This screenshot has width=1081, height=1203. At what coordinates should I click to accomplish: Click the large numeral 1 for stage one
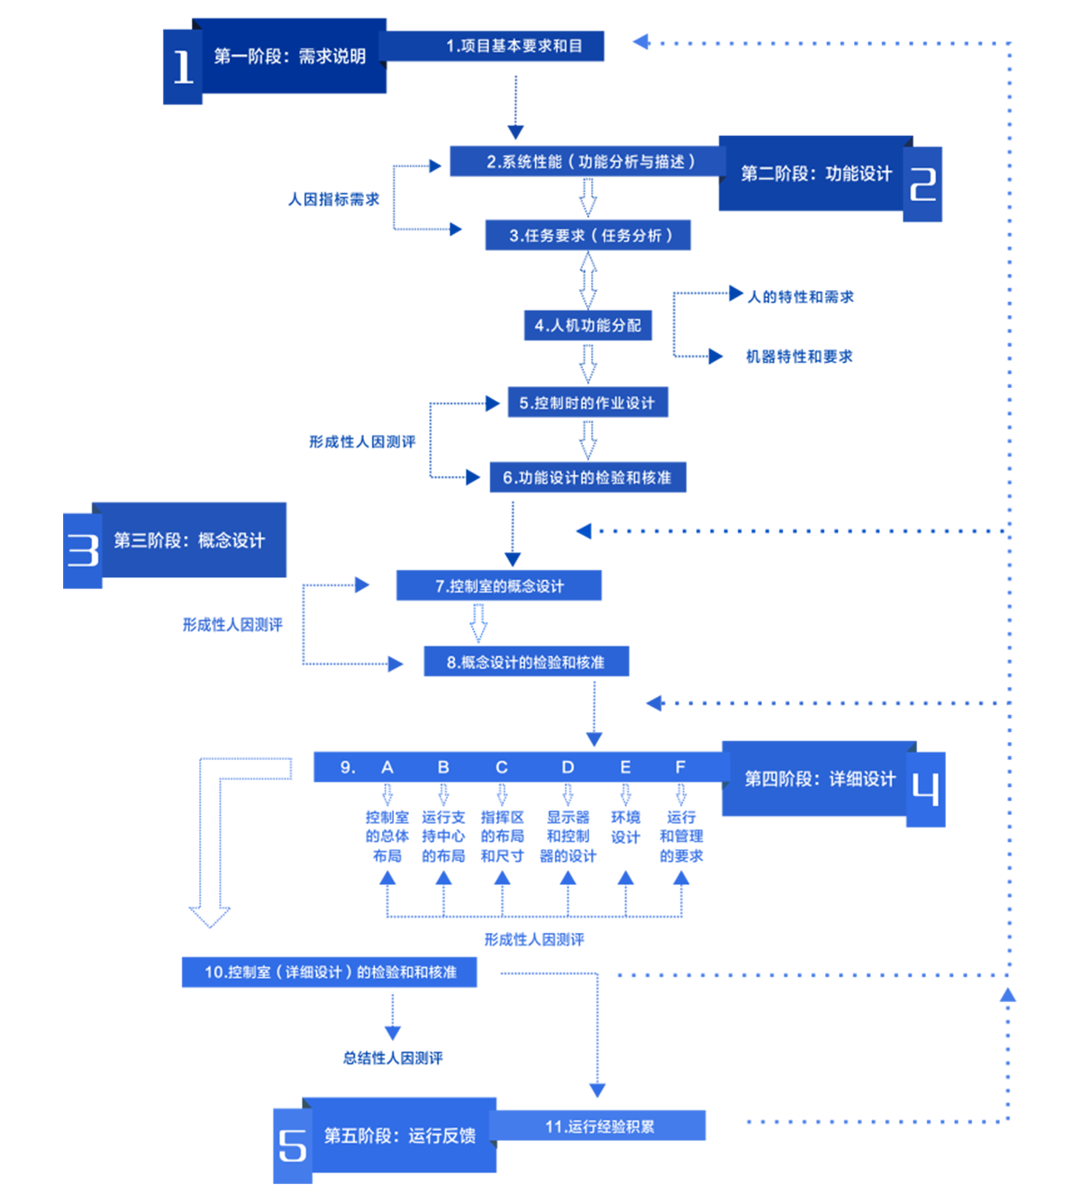click(x=183, y=67)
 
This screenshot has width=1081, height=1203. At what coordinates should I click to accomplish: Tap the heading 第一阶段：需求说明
click(x=289, y=57)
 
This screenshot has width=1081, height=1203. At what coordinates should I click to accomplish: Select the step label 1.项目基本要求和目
click(x=513, y=46)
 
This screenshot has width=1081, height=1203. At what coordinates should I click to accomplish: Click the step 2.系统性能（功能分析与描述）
click(x=591, y=162)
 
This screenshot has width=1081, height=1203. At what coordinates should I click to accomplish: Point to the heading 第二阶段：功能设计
click(x=816, y=174)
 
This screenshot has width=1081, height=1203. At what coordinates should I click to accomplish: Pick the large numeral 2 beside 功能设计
click(x=923, y=184)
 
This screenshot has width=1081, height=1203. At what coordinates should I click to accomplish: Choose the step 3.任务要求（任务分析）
click(x=591, y=236)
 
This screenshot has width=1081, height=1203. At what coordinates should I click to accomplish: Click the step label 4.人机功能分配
click(x=587, y=326)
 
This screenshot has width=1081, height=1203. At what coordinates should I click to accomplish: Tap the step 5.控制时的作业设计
click(x=586, y=403)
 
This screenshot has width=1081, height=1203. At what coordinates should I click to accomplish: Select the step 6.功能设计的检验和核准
click(x=586, y=478)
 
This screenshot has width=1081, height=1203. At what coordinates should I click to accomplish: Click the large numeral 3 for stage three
click(x=83, y=549)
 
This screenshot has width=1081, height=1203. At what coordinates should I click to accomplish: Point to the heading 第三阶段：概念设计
click(x=189, y=540)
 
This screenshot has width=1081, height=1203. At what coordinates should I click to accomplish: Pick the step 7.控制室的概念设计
click(x=499, y=586)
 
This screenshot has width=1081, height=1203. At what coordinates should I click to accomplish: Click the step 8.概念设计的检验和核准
click(x=525, y=663)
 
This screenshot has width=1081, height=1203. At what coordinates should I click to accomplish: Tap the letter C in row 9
click(x=502, y=767)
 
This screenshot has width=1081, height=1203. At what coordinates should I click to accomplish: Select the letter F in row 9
click(x=680, y=767)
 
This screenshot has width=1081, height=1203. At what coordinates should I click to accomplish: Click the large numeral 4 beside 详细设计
click(x=925, y=788)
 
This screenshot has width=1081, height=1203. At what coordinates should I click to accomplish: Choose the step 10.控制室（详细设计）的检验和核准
click(x=331, y=972)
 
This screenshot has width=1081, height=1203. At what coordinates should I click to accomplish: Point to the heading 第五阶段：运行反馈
click(x=399, y=1136)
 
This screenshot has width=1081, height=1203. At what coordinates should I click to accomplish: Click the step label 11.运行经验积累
click(x=599, y=1127)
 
